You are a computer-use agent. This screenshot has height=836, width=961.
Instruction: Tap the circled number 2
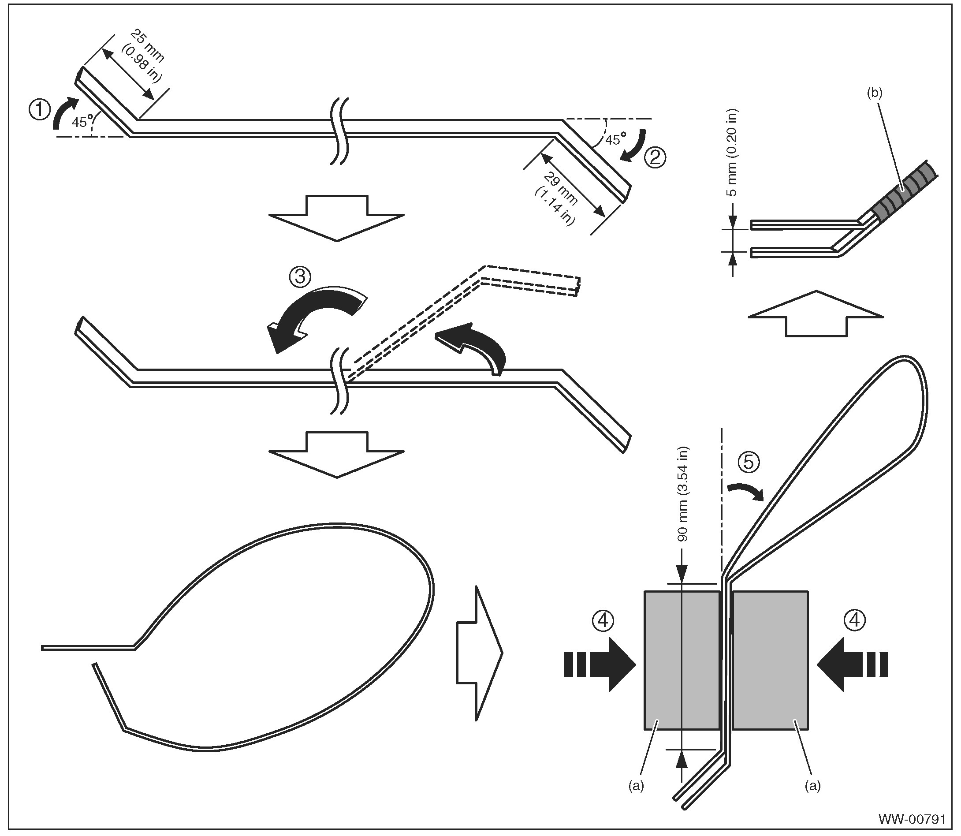click(x=655, y=158)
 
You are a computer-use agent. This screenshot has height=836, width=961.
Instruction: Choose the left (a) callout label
click(x=636, y=786)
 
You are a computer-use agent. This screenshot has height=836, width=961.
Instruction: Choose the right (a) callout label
click(x=812, y=786)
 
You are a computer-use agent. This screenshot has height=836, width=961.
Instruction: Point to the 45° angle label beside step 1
click(x=81, y=122)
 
